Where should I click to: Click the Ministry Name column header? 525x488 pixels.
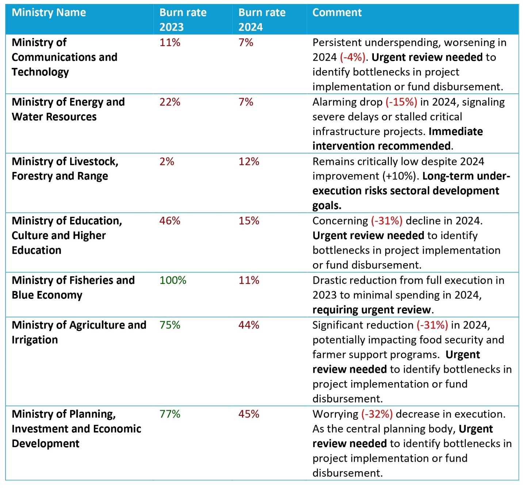49,12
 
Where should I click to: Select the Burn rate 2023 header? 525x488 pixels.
183,20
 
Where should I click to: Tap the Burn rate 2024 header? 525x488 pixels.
262,20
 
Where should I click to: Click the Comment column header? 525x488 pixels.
337,12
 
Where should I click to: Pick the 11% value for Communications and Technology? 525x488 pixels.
170,43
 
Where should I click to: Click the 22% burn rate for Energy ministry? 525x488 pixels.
170,102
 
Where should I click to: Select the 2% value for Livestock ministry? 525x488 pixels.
166,162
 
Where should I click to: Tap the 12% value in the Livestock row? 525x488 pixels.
249,162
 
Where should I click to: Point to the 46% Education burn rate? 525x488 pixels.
170,221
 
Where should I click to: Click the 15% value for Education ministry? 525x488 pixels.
249,221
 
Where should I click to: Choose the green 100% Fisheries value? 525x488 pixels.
173,280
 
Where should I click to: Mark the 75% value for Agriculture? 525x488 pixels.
170,325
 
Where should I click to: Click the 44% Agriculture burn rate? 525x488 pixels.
249,325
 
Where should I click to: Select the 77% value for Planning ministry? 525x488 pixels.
170,414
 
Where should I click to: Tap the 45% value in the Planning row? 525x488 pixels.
249,414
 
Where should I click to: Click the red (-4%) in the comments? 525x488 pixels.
352,57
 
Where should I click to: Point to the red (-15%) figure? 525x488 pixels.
401,102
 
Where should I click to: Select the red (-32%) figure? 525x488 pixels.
377,414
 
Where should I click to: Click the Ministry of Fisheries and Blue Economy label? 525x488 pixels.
73,288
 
